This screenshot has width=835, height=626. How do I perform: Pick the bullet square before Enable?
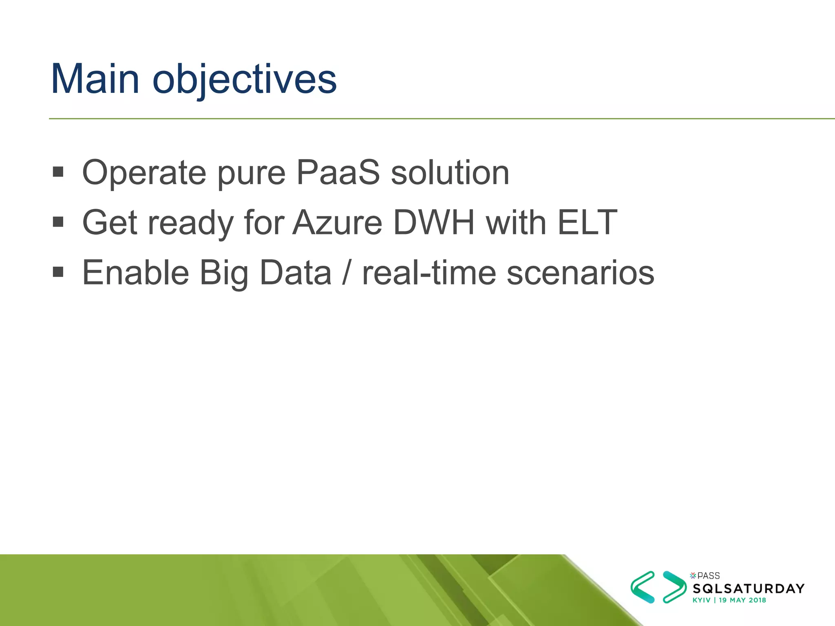tap(58, 271)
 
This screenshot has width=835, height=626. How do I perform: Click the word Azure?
tap(337, 223)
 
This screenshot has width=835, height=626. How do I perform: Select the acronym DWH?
tap(434, 223)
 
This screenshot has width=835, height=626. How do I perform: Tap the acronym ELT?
tap(587, 223)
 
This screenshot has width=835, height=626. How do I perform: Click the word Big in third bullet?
tap(224, 273)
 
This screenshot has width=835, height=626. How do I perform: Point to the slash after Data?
tap(347, 273)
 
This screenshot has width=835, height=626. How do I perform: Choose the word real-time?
tap(429, 273)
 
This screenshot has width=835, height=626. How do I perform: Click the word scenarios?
tap(580, 273)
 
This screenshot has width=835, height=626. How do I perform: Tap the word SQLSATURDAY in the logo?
tap(749, 589)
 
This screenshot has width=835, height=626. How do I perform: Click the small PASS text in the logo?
tap(708, 576)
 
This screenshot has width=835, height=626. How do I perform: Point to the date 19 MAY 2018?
tap(742, 600)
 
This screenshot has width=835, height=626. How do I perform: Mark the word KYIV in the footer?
tap(701, 600)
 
